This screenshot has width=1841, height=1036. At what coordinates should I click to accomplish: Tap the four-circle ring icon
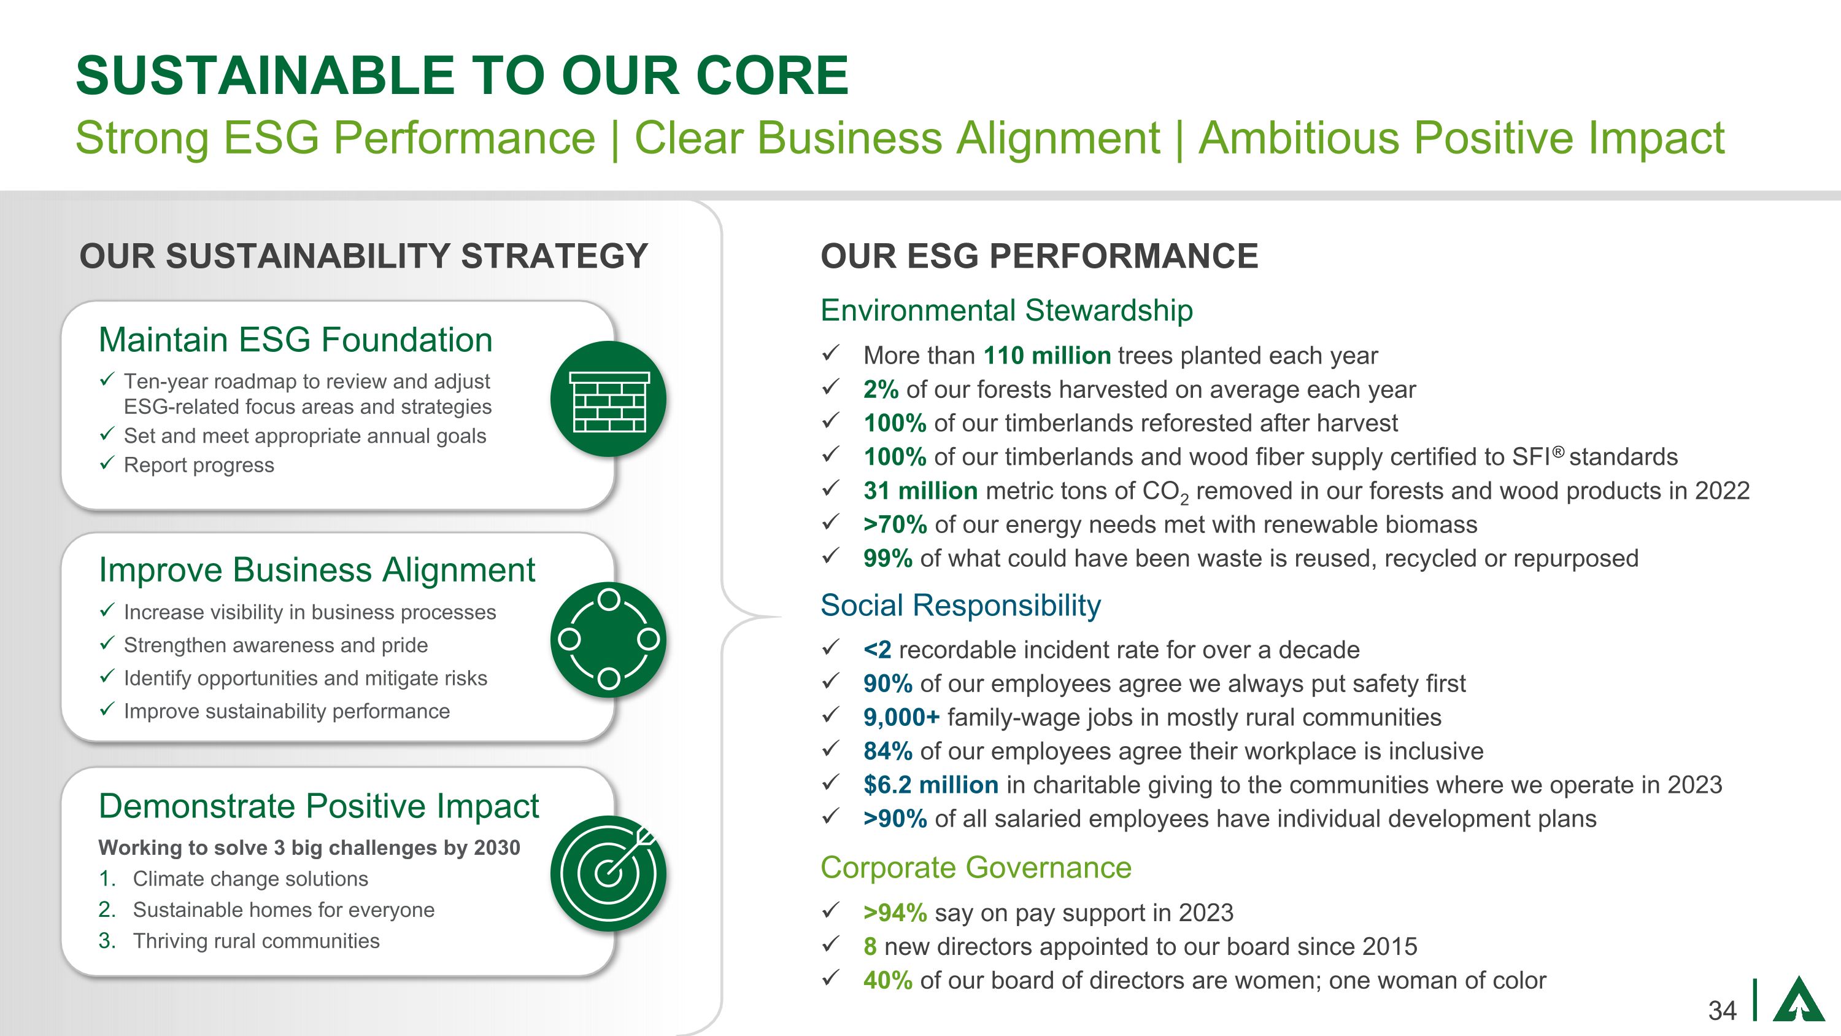click(608, 639)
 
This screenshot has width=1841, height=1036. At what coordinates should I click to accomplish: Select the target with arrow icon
click(608, 873)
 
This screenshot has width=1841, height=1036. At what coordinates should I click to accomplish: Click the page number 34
click(1722, 1010)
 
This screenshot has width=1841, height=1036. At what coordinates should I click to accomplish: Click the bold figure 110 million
click(1046, 356)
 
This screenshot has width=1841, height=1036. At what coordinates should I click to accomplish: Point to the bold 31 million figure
click(920, 491)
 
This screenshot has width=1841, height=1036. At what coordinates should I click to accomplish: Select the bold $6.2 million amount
click(930, 784)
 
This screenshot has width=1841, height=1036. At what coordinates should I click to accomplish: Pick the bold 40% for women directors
click(887, 980)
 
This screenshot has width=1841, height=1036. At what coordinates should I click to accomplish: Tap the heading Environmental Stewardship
click(1006, 310)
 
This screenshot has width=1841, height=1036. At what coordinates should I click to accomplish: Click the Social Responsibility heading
click(960, 605)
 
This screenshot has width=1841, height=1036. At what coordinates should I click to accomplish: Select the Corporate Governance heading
click(976, 867)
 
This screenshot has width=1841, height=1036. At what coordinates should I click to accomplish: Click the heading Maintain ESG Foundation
click(295, 340)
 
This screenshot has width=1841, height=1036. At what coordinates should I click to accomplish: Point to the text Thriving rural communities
click(256, 941)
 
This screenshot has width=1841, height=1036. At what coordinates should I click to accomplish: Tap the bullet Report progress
click(199, 465)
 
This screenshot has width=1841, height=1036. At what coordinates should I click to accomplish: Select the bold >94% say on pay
click(894, 913)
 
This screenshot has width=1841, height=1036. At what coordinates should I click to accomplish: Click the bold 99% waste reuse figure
click(887, 558)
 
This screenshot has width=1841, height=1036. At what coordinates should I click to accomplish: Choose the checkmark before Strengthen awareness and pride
click(107, 644)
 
